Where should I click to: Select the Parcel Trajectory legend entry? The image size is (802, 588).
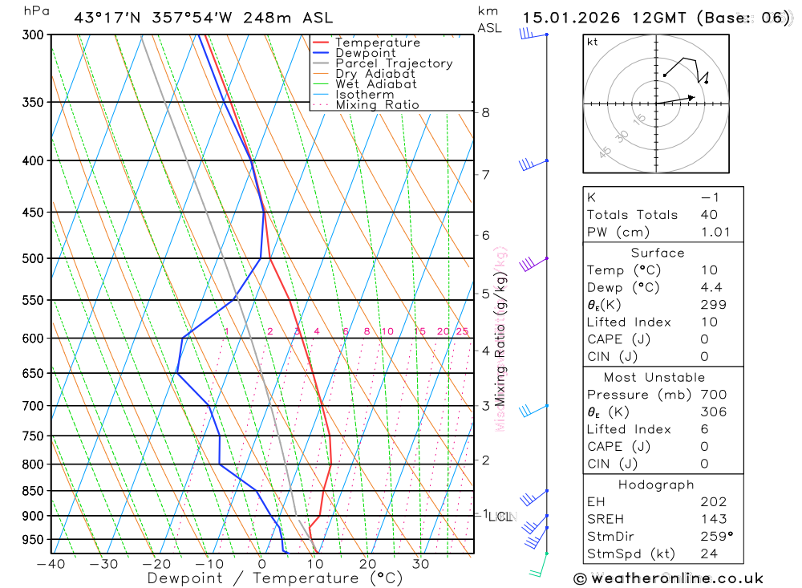[x=394, y=63]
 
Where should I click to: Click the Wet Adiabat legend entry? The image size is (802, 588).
[x=376, y=84]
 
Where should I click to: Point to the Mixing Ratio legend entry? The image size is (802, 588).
[x=377, y=105]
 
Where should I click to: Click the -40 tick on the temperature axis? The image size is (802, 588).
[x=51, y=564]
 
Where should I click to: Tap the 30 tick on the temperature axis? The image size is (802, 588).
[x=421, y=564]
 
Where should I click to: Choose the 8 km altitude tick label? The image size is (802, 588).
[x=486, y=112]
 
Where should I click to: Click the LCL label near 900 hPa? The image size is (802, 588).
[x=500, y=517]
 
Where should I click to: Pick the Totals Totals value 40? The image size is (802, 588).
[x=708, y=215]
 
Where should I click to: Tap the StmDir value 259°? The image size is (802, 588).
[x=715, y=537]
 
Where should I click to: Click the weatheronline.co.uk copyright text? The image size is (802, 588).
[x=668, y=578]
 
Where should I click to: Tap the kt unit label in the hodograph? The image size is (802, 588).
[x=593, y=42]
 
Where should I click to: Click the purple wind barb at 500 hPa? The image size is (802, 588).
[x=529, y=263]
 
